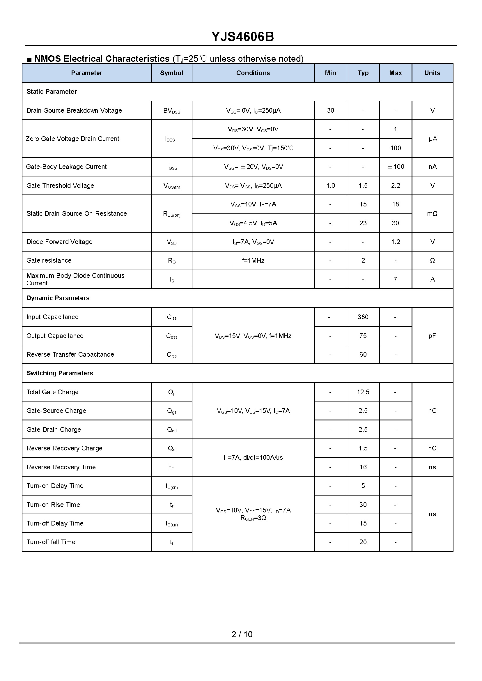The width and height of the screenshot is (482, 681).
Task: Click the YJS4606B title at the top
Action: tap(242, 36)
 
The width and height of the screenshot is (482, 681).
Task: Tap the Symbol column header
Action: tap(171, 73)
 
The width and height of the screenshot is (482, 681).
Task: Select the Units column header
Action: tap(432, 73)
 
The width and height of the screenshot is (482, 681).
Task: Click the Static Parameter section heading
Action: tap(52, 92)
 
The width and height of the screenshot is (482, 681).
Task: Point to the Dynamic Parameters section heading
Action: tap(58, 298)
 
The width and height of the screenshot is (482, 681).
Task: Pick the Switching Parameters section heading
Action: tap(60, 373)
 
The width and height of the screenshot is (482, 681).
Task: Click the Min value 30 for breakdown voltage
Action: tap(330, 110)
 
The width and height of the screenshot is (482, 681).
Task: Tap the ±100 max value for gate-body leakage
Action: tap(396, 167)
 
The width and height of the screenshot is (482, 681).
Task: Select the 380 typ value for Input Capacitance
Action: tap(363, 317)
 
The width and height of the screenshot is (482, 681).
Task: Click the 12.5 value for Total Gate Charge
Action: tap(363, 392)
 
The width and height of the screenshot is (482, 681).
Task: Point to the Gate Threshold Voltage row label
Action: tap(60, 186)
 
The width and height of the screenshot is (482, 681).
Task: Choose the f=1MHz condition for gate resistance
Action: tap(253, 261)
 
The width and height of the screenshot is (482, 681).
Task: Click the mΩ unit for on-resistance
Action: tap(432, 214)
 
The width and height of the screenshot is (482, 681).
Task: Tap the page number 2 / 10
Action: tap(242, 634)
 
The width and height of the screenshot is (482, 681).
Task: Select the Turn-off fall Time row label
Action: tap(51, 542)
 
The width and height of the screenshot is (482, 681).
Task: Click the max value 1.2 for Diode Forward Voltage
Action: tap(395, 242)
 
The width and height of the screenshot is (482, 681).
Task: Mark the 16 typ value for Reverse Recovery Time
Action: tap(363, 467)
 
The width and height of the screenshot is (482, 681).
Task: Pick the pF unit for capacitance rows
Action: tap(432, 336)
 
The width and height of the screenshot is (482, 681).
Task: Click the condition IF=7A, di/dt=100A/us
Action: tap(253, 458)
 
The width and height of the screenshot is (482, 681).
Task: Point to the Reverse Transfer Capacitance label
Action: tap(70, 354)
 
